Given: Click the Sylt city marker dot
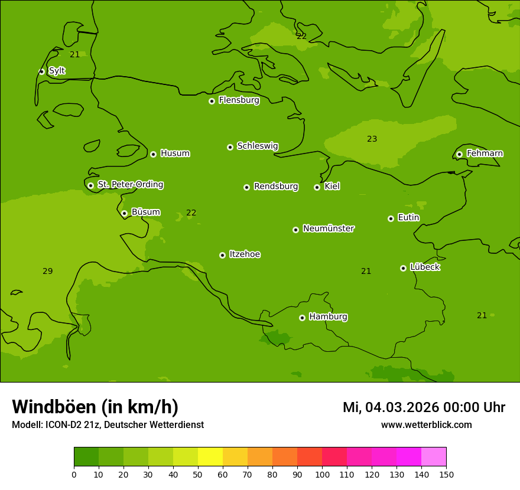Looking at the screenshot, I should click(x=41, y=71).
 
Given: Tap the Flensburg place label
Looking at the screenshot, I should click(x=239, y=100).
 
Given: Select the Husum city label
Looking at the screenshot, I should click(x=175, y=153).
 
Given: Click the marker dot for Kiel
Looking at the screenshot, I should click(x=317, y=187).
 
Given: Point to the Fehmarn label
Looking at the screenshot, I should click(x=485, y=153).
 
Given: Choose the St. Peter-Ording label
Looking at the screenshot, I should click(x=130, y=185).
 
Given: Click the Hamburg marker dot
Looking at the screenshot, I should click(x=302, y=318).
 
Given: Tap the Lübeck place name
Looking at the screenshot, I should click(x=425, y=267).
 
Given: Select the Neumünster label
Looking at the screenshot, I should click(x=329, y=228).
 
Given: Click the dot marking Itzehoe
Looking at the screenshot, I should click(x=222, y=255).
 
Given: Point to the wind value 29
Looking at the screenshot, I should click(x=48, y=272).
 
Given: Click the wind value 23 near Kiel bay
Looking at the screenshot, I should click(x=372, y=139).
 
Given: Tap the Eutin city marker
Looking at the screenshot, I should click(x=391, y=218).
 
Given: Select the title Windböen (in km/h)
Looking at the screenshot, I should click(x=95, y=407).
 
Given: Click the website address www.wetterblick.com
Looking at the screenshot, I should click(x=426, y=425).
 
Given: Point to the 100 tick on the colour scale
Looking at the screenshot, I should click(x=322, y=474).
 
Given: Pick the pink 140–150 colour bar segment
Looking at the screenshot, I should click(x=434, y=457).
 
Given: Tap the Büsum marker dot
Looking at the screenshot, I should click(x=124, y=213).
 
